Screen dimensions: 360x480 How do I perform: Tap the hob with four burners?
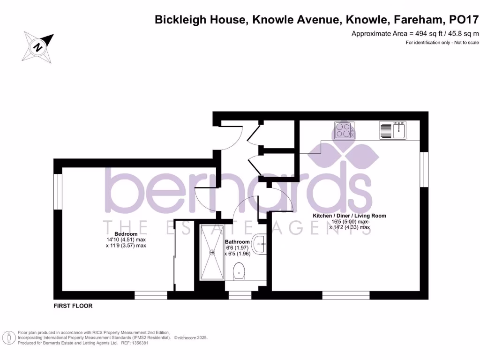coord(344,130)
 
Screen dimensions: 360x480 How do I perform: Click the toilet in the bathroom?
coord(239,270)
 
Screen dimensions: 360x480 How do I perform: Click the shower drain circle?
coord(212,252)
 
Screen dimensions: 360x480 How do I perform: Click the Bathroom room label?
coord(237,242)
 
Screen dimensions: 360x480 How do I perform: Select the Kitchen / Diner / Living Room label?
coord(350,216)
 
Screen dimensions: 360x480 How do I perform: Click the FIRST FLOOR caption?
coord(73,306)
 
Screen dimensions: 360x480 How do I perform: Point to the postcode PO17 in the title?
coord(464,20)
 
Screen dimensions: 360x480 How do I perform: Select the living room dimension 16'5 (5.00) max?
coord(350,222)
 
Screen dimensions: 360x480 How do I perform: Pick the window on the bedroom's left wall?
coord(58,191)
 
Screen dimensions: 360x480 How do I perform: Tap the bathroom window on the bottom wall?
coord(240,295)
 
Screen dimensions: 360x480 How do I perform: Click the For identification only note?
coord(442,43)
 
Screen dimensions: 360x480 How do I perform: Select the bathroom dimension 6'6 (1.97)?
coord(237,248)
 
